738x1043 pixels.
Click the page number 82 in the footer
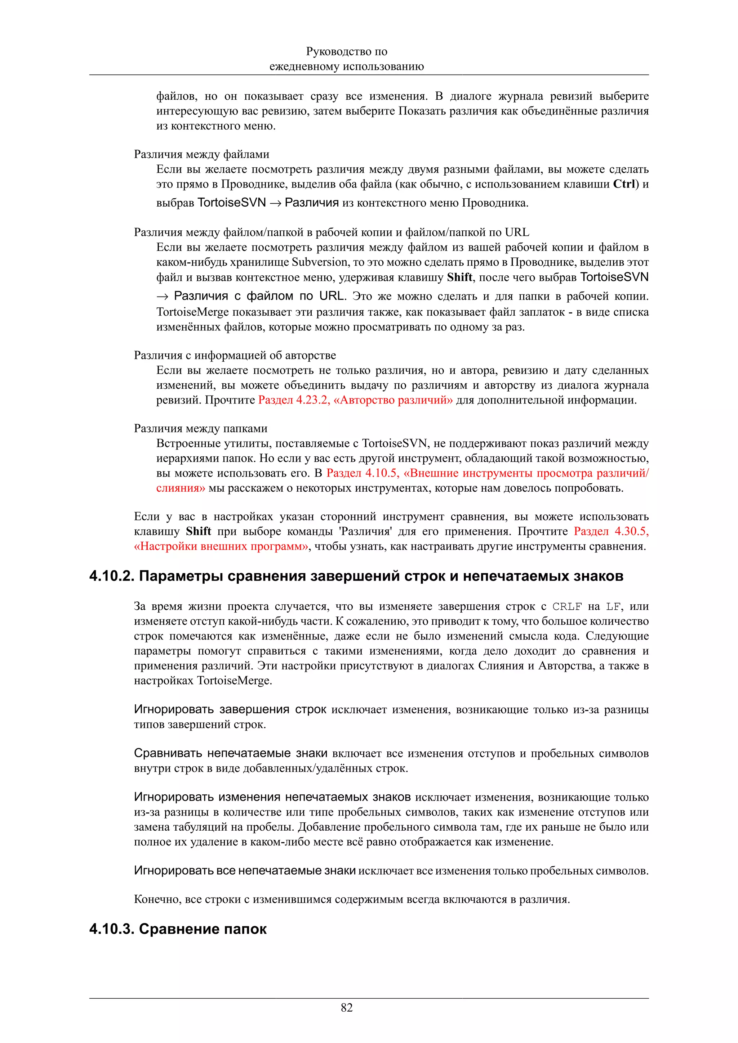pyautogui.click(x=347, y=1008)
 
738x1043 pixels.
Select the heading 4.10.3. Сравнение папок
pyautogui.click(x=178, y=929)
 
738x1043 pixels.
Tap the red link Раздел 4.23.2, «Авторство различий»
pyautogui.click(x=355, y=400)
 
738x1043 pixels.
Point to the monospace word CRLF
pyautogui.click(x=567, y=606)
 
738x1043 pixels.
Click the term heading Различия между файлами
pyautogui.click(x=201, y=154)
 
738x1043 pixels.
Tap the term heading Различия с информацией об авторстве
pyautogui.click(x=235, y=355)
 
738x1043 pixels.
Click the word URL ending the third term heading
pyautogui.click(x=517, y=232)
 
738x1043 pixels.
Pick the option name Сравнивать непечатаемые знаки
pyautogui.click(x=231, y=753)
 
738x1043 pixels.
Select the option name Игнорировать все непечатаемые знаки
pyautogui.click(x=245, y=871)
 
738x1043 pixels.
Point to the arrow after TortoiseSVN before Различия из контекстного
pyautogui.click(x=275, y=203)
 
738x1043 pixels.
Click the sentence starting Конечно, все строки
pyautogui.click(x=351, y=899)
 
